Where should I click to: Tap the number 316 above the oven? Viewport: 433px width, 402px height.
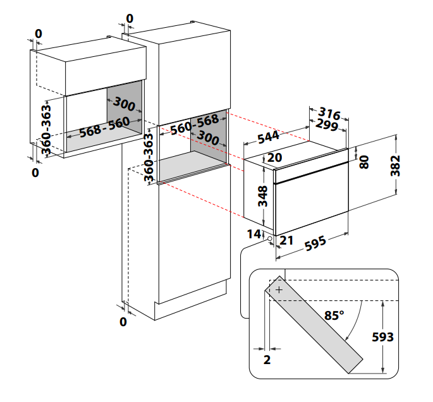329,114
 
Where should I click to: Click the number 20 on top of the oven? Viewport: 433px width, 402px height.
274,157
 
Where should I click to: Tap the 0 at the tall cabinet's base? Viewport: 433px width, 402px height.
123,322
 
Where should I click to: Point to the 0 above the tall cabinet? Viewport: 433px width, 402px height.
130,19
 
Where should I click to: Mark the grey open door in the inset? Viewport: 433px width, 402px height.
316,329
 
